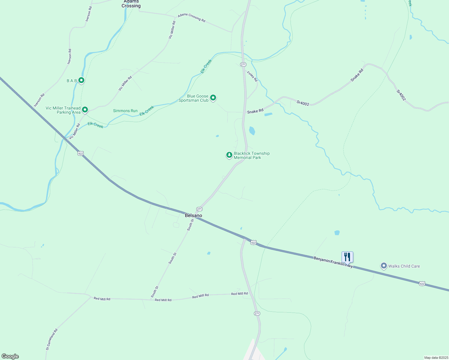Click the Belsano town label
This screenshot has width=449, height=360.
pos(193,215)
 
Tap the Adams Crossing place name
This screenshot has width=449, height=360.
pos(131,4)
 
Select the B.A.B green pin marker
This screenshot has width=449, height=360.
pos(81,80)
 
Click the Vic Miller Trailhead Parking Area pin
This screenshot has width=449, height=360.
pos(85,110)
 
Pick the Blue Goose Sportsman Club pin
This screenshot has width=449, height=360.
pos(213,97)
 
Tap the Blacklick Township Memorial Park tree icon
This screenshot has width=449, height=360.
pos(229,155)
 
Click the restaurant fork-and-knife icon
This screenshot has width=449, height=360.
pos(347,257)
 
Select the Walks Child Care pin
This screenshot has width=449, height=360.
pos(384,266)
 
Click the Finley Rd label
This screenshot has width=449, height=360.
pos(252,76)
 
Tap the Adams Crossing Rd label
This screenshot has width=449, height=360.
pos(191,18)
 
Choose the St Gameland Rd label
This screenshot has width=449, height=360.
pos(52,340)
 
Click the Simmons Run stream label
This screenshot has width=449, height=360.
pos(125,111)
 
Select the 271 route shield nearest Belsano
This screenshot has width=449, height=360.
pos(199,209)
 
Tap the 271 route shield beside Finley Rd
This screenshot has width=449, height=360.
pos(243,64)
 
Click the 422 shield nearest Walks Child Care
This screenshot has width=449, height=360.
pos(422,283)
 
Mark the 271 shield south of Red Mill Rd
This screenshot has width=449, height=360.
pos(257,313)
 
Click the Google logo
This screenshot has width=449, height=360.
pos(10,356)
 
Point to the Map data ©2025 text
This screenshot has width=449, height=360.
pos(436,358)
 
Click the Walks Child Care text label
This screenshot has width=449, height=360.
pos(404,266)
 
